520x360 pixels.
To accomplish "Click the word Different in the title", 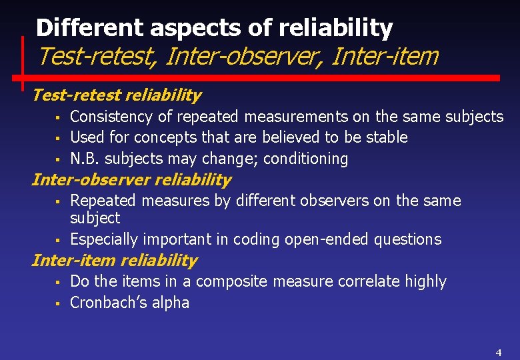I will point(90,28).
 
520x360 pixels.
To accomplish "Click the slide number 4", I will point(498,352).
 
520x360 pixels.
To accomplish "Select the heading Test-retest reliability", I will point(116,95).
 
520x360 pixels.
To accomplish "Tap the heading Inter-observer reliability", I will point(131,180).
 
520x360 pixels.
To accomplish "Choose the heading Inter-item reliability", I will point(114,261).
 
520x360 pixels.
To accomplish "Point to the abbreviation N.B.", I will point(85,159).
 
